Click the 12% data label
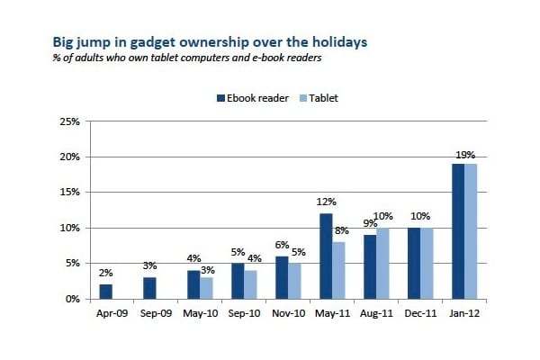click(x=328, y=204)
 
